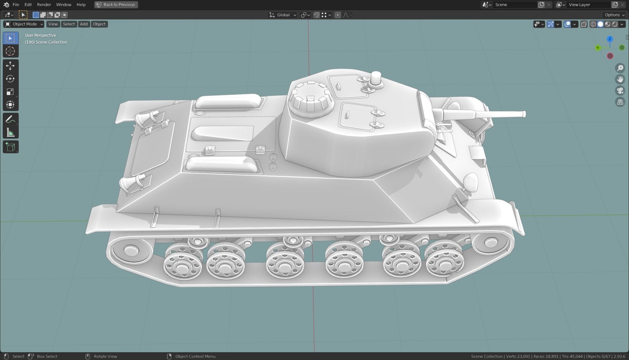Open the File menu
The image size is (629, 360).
tap(16, 5)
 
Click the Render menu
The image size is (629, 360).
tap(44, 5)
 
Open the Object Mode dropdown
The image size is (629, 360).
tap(24, 24)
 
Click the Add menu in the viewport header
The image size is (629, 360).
tap(83, 24)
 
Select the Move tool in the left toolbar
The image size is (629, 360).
tap(10, 66)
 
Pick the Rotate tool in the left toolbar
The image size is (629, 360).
tap(10, 79)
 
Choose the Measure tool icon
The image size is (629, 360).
tap(10, 133)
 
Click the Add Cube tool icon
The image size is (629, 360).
tap(10, 147)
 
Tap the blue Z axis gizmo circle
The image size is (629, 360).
tap(610, 39)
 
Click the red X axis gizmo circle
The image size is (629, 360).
tap(610, 56)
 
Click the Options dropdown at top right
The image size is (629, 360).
tap(614, 15)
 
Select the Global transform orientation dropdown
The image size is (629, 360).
tap(283, 15)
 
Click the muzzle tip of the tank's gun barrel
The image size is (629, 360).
tap(524, 114)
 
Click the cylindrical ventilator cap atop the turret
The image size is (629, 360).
tap(376, 78)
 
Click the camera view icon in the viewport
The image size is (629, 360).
tap(620, 91)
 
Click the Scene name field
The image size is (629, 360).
tap(514, 5)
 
